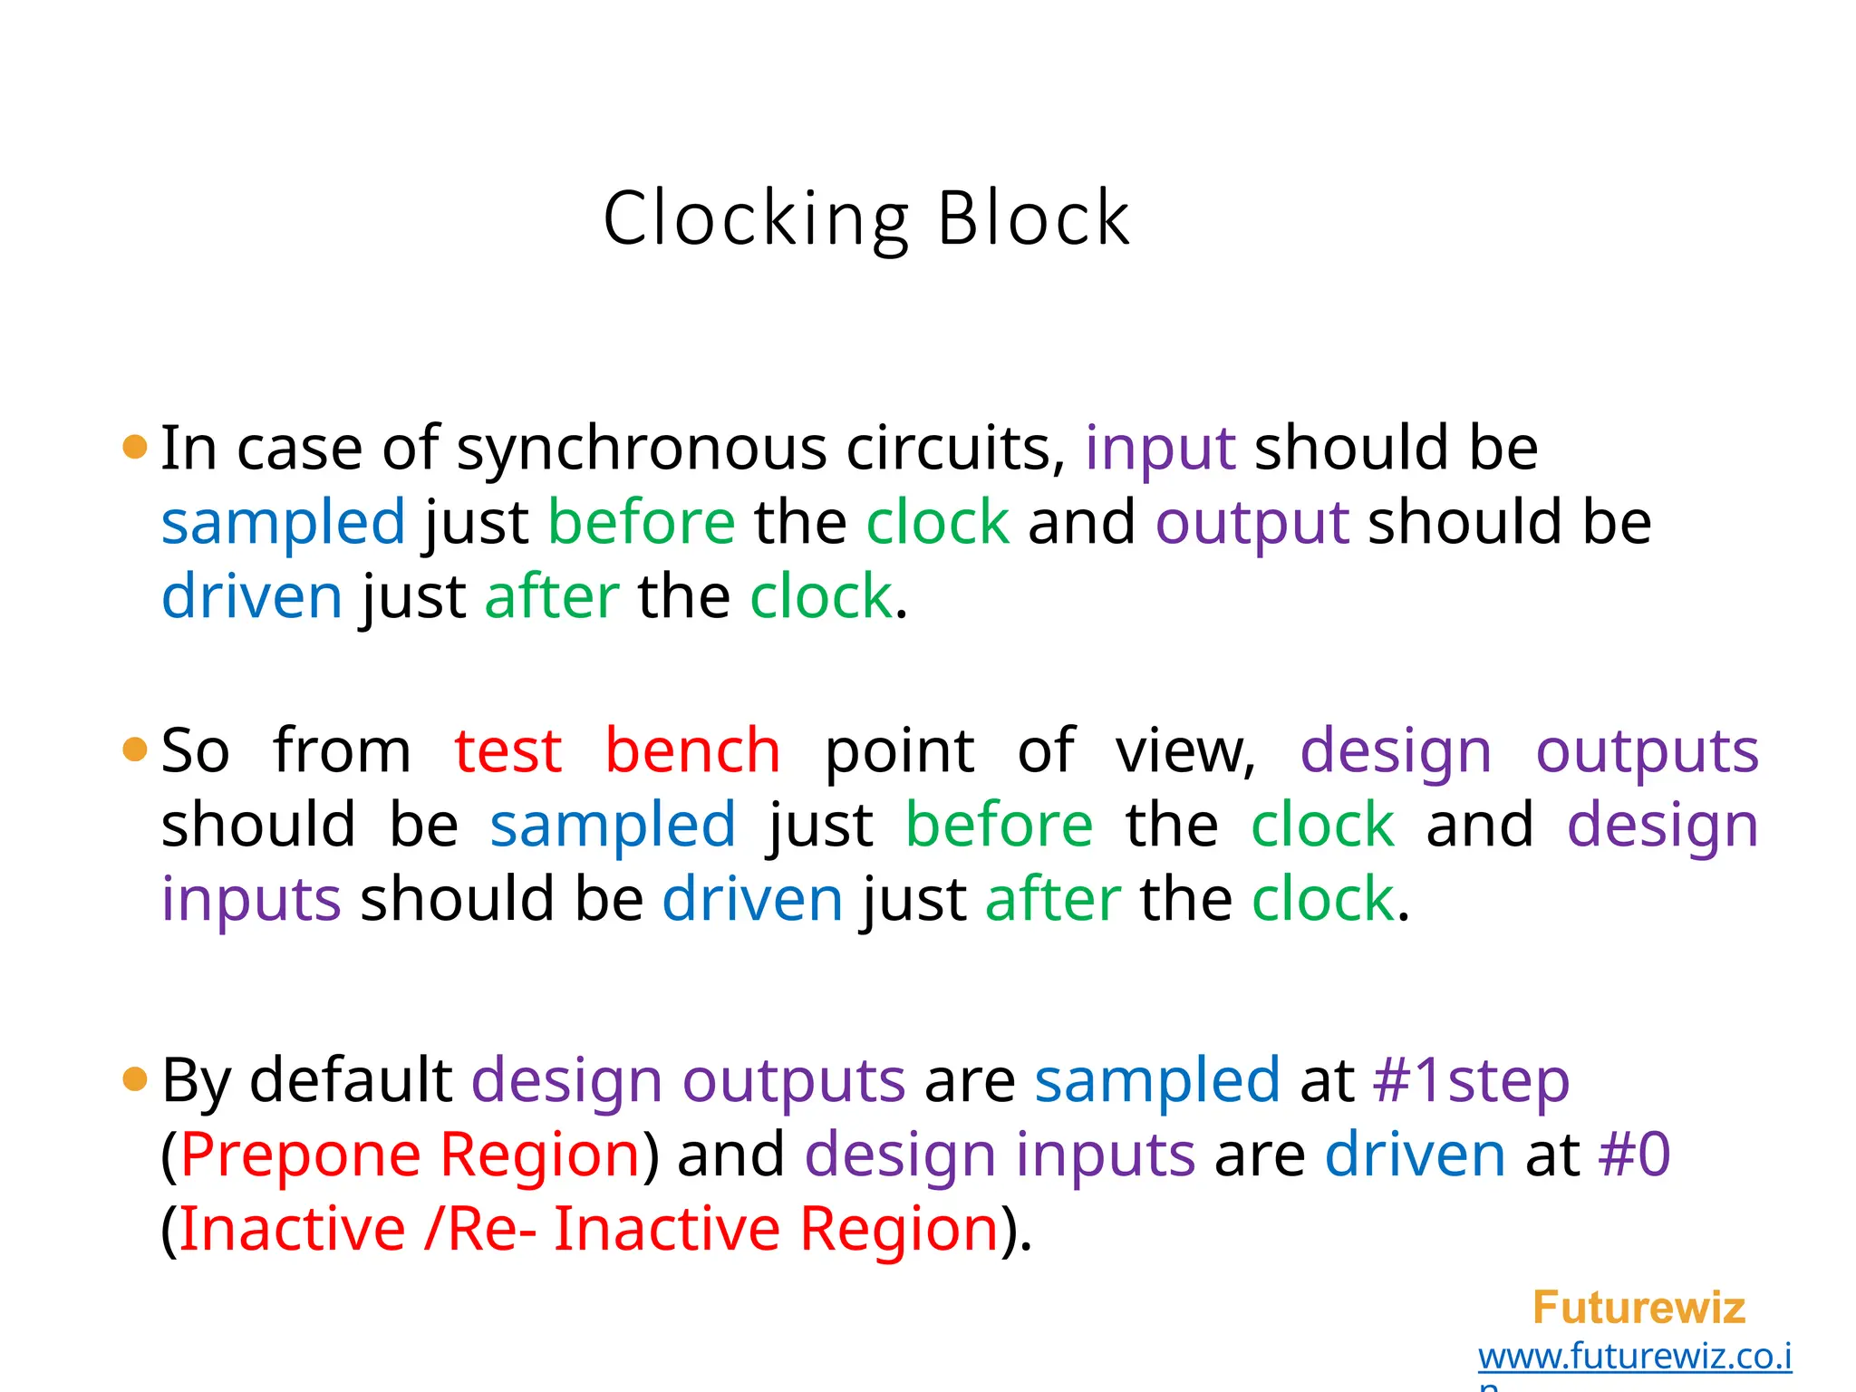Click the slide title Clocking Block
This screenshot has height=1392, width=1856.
[x=866, y=219]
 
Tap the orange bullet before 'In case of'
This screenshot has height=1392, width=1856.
[x=135, y=447]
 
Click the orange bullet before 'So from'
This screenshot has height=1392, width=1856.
[x=135, y=749]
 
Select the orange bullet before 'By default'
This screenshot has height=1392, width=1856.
[x=135, y=1078]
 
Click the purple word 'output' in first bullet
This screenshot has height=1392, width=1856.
[x=1252, y=524]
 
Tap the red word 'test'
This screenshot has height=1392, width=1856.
[x=507, y=751]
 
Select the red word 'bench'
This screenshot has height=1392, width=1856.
[x=692, y=751]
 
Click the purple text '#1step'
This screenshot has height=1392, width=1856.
[x=1471, y=1080]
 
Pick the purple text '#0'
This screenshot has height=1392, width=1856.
[x=1634, y=1155]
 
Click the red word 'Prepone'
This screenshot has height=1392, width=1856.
[x=301, y=1155]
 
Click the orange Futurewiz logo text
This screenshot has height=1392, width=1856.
[x=1638, y=1308]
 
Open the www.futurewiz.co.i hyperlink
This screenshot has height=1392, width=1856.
[x=1635, y=1357]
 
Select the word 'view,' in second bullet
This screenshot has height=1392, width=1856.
[x=1186, y=751]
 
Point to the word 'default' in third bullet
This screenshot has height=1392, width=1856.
[x=351, y=1080]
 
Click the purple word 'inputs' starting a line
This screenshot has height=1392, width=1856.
[x=251, y=900]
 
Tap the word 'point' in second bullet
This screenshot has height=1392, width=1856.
[x=899, y=751]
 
